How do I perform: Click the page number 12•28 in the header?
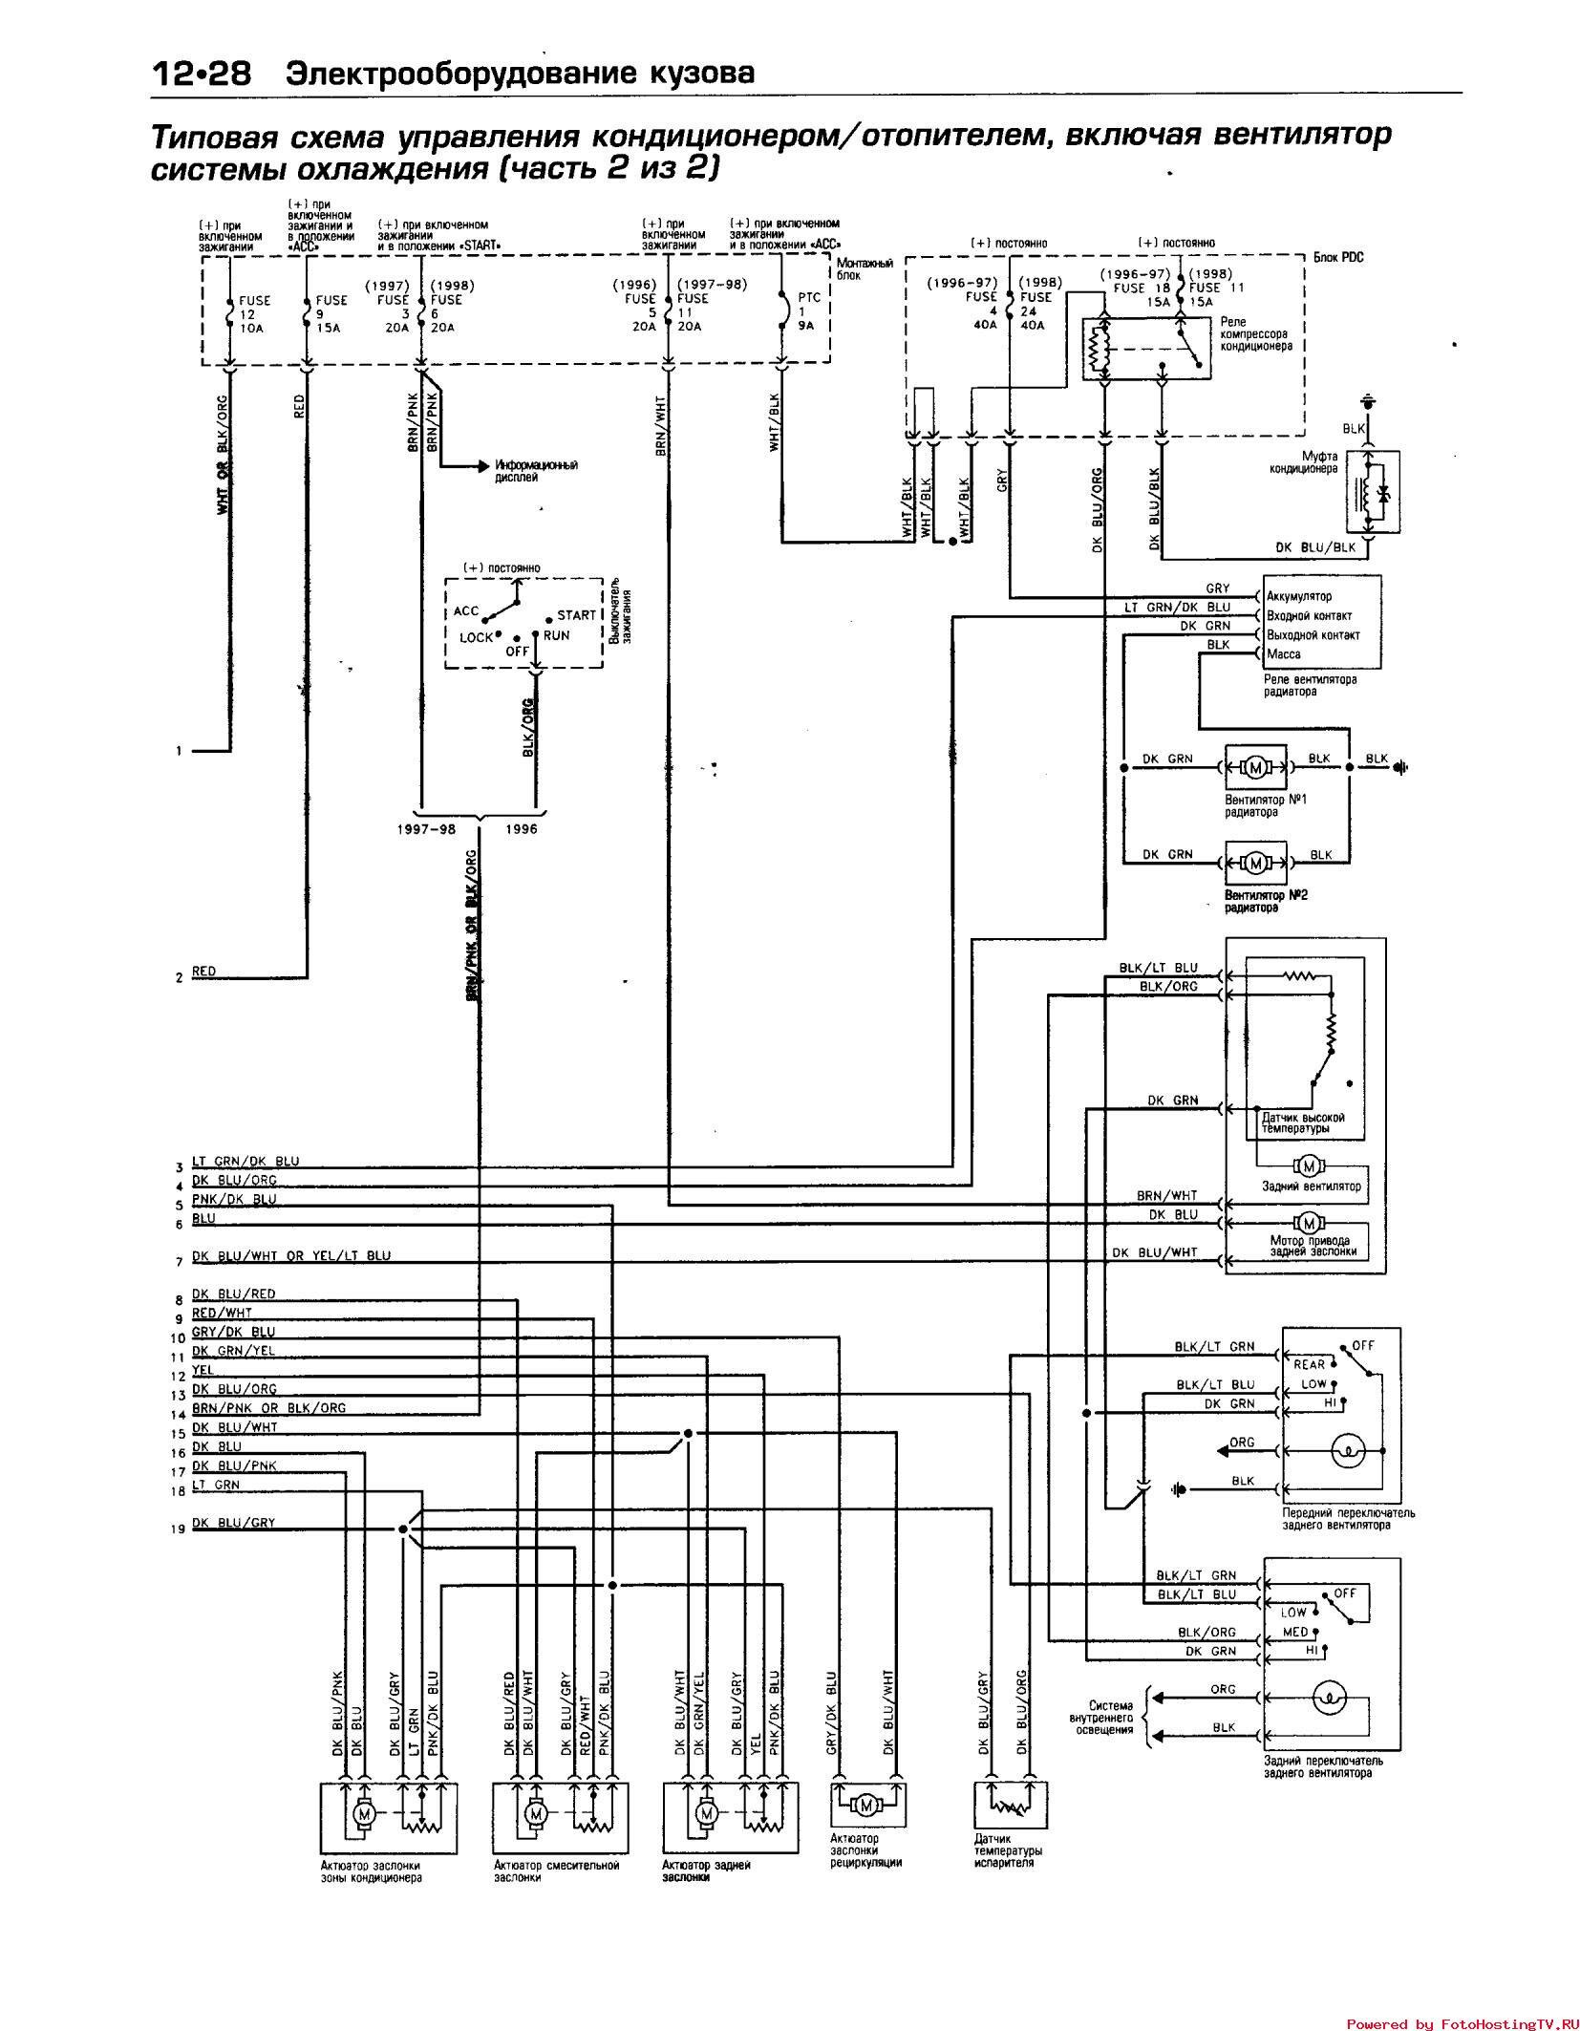[201, 74]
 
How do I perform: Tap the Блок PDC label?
[1337, 258]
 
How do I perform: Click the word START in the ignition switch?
[576, 615]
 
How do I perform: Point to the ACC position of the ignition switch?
[466, 611]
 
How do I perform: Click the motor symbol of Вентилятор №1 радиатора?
[1256, 767]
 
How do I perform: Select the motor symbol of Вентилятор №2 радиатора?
[1256, 863]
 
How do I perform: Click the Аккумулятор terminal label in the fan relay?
[1298, 597]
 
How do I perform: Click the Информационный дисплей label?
[536, 471]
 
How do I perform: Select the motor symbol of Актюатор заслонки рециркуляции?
[867, 1805]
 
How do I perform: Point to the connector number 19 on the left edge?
[178, 1529]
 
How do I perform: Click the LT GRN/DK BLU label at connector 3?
[246, 1161]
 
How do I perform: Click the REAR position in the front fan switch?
[1309, 1364]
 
